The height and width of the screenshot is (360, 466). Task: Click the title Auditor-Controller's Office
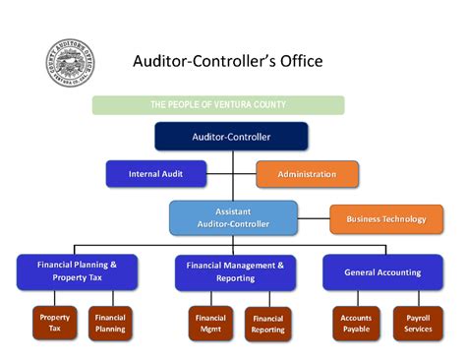tap(227, 61)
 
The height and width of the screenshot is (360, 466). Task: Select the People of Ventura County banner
tap(218, 104)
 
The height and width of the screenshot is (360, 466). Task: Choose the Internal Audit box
tap(157, 174)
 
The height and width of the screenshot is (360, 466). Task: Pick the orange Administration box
tap(307, 174)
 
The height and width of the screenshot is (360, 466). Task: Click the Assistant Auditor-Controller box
tap(233, 217)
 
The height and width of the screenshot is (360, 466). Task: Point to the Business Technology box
tap(379, 218)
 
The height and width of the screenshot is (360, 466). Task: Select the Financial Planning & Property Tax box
tap(77, 271)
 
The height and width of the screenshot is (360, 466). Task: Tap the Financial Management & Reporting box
tap(235, 271)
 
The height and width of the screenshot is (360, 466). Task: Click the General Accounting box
tap(382, 271)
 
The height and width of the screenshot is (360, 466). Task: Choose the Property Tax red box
tap(55, 324)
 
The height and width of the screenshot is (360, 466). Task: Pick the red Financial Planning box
tap(110, 324)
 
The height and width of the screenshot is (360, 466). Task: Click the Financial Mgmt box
tap(210, 324)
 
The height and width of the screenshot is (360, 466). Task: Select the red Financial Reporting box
tap(267, 324)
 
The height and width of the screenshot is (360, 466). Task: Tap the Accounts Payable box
tap(356, 324)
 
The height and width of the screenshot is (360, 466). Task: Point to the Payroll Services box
tap(418, 324)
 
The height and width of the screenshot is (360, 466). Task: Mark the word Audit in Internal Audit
tap(174, 174)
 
